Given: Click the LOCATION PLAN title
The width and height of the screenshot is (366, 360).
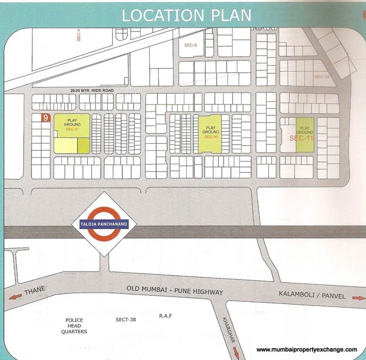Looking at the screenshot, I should [x=186, y=15].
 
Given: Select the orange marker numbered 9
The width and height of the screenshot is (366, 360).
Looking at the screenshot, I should [x=45, y=118].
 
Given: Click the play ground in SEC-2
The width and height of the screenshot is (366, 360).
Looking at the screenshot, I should [x=72, y=124].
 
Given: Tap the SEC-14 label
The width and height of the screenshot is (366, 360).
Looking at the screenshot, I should [x=322, y=77].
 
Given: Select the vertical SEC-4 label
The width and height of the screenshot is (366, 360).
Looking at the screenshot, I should [x=79, y=36].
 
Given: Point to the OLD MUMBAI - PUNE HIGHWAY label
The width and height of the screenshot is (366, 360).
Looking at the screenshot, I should [x=175, y=292].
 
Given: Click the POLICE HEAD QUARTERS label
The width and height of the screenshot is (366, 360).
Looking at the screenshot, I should [x=75, y=326].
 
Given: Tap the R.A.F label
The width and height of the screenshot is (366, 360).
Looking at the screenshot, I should [x=165, y=316].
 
